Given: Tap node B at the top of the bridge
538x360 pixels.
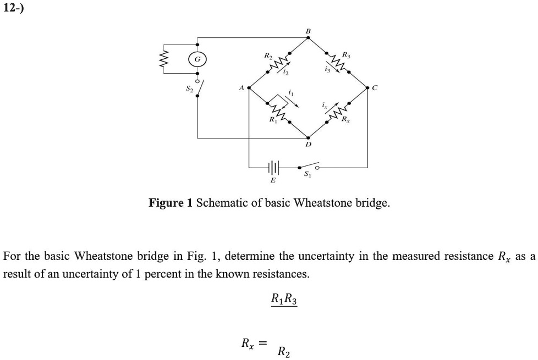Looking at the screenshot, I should tap(308, 38).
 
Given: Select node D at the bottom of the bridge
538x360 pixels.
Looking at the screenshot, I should tap(308, 138).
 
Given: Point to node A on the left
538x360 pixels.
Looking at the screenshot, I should tap(250, 87).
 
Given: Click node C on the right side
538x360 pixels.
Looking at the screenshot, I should tap(367, 87).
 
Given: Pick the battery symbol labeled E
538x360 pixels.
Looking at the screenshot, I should tap(273, 166).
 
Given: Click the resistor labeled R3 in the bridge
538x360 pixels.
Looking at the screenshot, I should tap(337, 62).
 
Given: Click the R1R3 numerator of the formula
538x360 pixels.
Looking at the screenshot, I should tap(284, 300).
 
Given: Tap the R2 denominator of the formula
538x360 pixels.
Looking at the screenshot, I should tap(284, 351).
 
